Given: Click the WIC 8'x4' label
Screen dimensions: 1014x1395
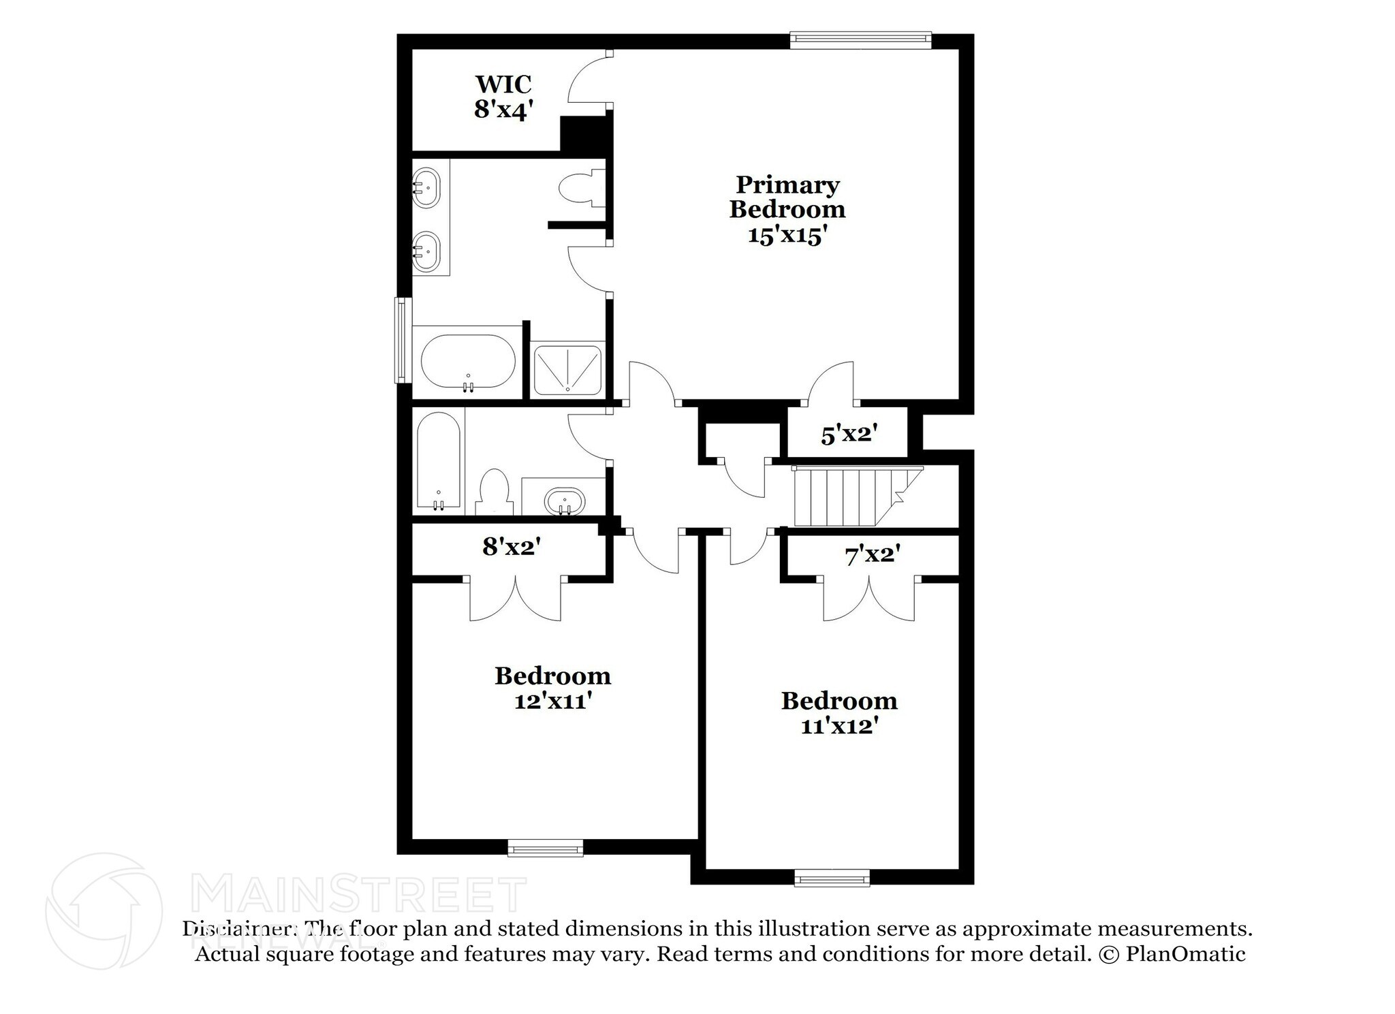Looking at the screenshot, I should pyautogui.click(x=503, y=97).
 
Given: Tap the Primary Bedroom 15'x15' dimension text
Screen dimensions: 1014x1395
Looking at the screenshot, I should pyautogui.click(x=787, y=235).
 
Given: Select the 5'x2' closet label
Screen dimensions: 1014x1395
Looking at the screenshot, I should pyautogui.click(x=847, y=433).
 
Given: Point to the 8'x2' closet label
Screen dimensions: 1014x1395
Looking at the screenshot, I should pyautogui.click(x=511, y=545).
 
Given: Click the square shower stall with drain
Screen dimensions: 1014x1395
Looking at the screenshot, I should pyautogui.click(x=567, y=370).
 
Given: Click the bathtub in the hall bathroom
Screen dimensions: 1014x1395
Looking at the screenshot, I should pyautogui.click(x=438, y=462).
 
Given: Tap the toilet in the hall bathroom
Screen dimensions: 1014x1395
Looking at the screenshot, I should pyautogui.click(x=494, y=490).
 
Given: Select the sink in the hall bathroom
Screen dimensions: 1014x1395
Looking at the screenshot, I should pyautogui.click(x=564, y=501).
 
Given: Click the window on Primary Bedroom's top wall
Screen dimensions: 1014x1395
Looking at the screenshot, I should pyautogui.click(x=860, y=41).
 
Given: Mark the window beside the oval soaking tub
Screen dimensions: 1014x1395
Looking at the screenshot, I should pyautogui.click(x=403, y=340).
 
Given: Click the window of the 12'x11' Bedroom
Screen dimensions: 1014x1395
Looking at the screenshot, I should pyautogui.click(x=545, y=847).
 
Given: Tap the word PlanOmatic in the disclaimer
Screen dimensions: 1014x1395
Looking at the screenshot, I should pyautogui.click(x=1185, y=954).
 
